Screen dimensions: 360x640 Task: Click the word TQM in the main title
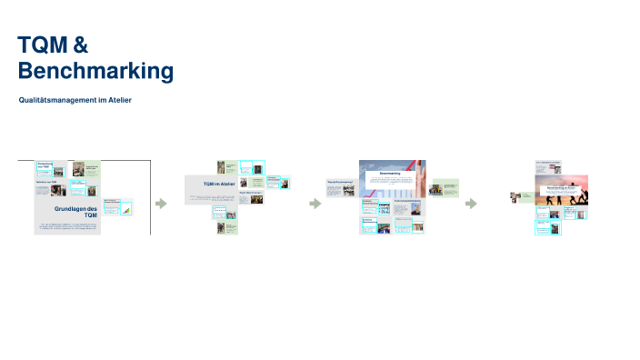[x=39, y=45]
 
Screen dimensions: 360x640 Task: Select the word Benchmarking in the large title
[x=95, y=70]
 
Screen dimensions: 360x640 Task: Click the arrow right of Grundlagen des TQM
[x=161, y=204]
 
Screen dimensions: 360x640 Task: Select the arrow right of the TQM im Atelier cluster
[x=315, y=204]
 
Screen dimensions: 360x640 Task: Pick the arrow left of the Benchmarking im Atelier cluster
[x=471, y=204]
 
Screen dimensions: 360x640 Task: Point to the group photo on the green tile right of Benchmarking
[x=436, y=190]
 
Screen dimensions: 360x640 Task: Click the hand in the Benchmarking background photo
[x=410, y=166]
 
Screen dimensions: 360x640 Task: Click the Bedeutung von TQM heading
[x=45, y=165]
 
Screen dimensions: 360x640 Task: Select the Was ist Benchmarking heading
[x=338, y=182]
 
